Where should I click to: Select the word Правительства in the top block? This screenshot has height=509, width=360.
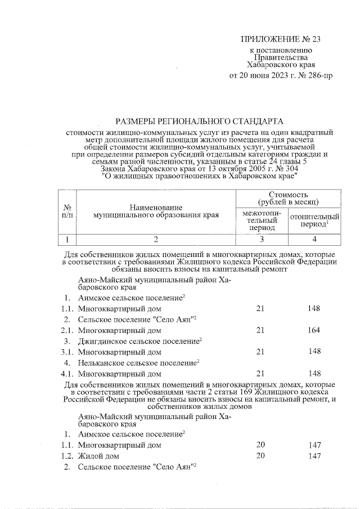click(x=280, y=57)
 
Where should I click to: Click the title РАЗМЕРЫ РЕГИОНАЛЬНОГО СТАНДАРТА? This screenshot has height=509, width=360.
click(x=200, y=121)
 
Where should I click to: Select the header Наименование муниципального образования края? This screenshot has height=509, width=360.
click(x=156, y=211)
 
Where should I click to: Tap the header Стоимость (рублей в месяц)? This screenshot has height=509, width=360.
click(x=289, y=197)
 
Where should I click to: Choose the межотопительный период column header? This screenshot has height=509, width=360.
click(x=260, y=220)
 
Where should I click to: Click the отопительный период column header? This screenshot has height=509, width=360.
click(x=314, y=220)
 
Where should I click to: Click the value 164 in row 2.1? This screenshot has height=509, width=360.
click(x=314, y=330)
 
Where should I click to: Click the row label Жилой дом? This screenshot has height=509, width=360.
click(x=99, y=456)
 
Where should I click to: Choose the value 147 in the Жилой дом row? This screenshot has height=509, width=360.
click(x=314, y=456)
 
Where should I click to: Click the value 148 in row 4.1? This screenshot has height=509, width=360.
click(x=314, y=373)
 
